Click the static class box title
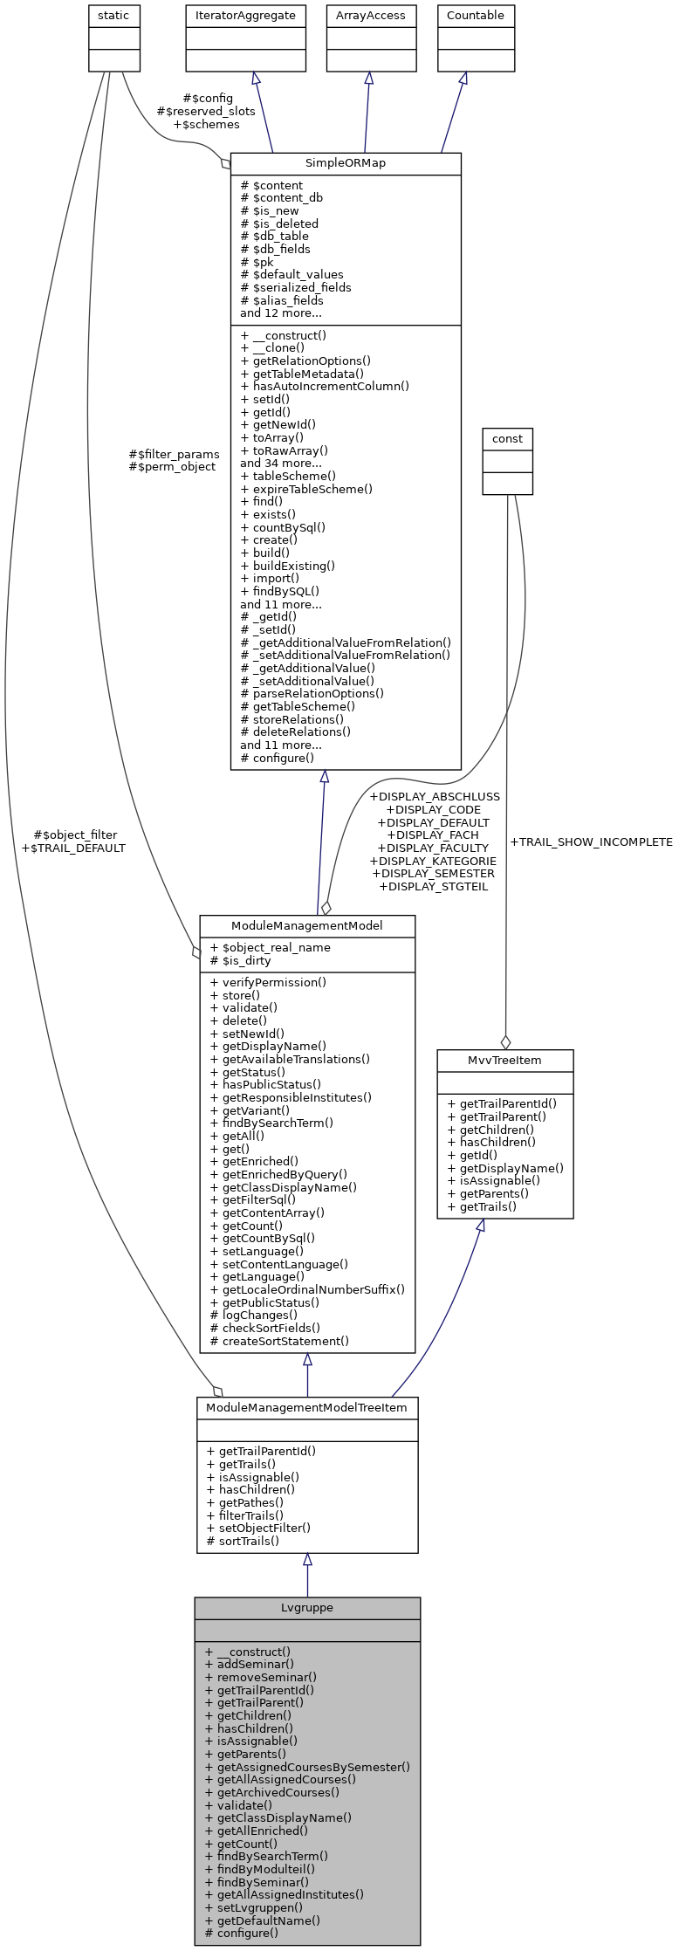click(114, 16)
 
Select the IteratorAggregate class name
click(245, 16)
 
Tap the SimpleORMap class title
click(345, 163)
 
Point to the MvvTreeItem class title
click(504, 1060)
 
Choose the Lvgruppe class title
click(306, 1607)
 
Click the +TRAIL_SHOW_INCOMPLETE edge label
click(591, 842)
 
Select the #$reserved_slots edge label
click(206, 112)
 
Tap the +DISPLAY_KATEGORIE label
click(433, 861)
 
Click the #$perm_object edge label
click(172, 467)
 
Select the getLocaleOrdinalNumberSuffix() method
click(313, 1289)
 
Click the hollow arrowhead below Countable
click(463, 79)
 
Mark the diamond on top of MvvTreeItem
click(504, 1041)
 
